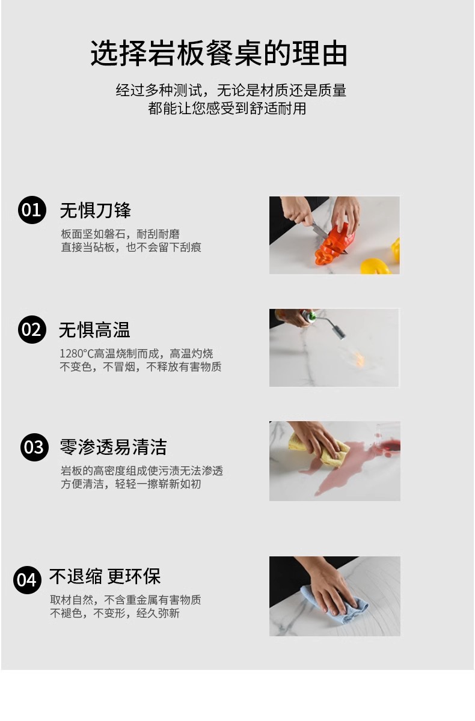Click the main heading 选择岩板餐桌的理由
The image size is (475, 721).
[219, 53]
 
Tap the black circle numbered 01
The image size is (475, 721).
[32, 210]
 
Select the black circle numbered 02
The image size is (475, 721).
[32, 329]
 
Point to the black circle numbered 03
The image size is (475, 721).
[34, 447]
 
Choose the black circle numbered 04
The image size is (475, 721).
[27, 580]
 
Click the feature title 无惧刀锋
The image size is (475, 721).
[96, 210]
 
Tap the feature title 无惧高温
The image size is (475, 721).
[94, 330]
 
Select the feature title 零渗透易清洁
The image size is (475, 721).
[113, 447]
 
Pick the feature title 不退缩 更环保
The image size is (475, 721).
[105, 576]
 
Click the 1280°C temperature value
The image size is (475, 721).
[76, 354]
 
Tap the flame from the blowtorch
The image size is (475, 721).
[358, 358]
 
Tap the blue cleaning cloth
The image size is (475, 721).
[335, 605]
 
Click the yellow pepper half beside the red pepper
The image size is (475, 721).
[376, 266]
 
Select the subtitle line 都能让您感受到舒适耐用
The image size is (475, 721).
[227, 109]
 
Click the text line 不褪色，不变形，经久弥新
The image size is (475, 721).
[115, 613]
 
